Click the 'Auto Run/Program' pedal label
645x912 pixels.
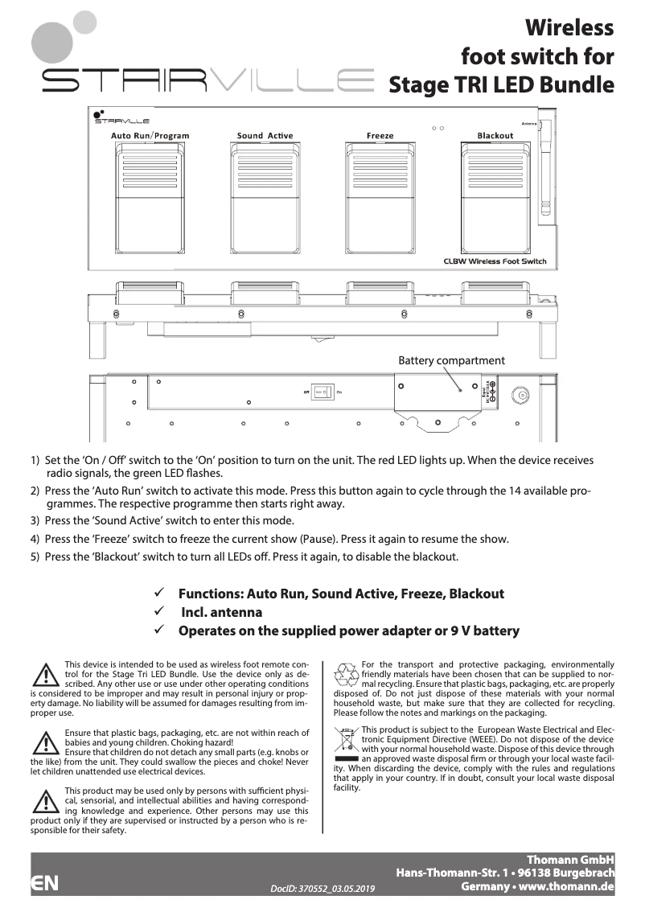[150, 135]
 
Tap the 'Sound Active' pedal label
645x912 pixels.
[265, 135]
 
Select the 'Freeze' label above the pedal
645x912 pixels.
[380, 135]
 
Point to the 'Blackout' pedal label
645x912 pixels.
[495, 135]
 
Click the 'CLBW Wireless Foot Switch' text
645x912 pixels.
[495, 261]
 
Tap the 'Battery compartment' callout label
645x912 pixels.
[451, 360]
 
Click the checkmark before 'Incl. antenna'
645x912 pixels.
[159, 612]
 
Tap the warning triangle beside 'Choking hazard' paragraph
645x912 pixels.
[46, 741]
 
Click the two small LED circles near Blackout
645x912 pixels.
[438, 127]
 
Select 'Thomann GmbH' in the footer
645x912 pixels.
[570, 860]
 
